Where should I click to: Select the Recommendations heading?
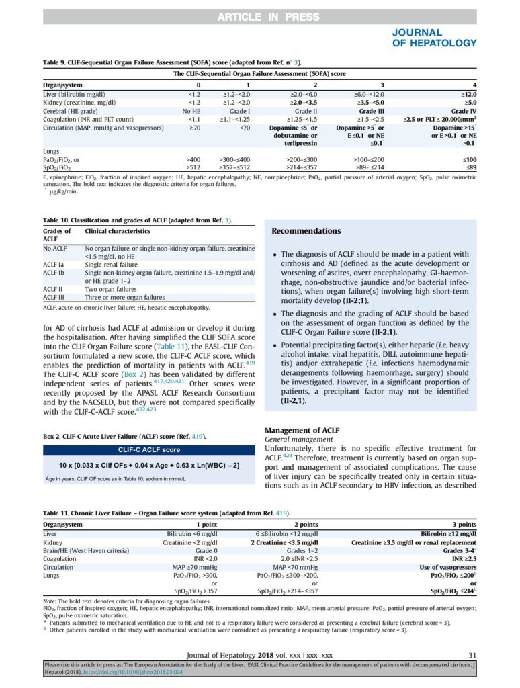(x=306, y=231)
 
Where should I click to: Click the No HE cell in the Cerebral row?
(x=197, y=111)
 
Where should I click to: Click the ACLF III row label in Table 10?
(x=54, y=297)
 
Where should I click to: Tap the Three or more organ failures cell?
(x=124, y=297)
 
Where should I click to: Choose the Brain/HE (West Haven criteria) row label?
(x=85, y=550)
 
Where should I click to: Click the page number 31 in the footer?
(x=471, y=655)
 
